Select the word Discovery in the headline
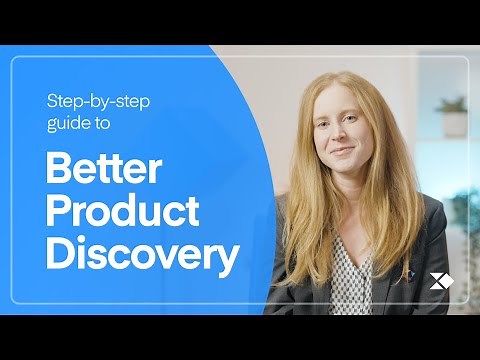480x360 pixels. (141, 255)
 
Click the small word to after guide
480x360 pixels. (102, 124)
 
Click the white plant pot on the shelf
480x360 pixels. (454, 123)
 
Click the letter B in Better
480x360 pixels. (58, 171)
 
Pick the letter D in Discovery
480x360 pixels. (60, 255)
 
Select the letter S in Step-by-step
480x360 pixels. (51, 100)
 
